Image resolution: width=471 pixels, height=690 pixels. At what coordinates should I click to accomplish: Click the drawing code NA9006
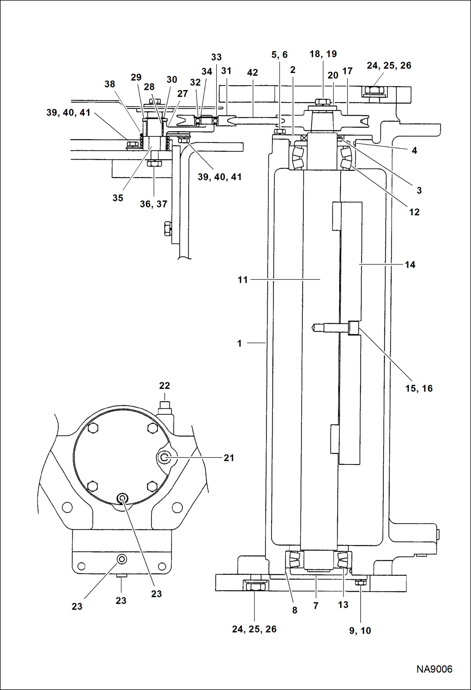click(434, 669)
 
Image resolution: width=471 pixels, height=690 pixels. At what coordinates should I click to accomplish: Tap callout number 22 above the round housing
click(164, 385)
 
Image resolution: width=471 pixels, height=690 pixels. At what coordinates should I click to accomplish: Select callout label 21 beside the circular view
click(229, 458)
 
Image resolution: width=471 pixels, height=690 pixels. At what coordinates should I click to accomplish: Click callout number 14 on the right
click(410, 265)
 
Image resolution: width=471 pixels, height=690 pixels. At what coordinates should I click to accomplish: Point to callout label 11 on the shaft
click(242, 280)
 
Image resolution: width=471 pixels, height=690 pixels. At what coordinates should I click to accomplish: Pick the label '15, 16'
click(419, 388)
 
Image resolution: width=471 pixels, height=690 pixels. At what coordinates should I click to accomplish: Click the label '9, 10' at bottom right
click(360, 631)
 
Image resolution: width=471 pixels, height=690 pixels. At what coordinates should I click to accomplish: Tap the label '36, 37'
click(153, 204)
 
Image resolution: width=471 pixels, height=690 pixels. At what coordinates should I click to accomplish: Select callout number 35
click(118, 198)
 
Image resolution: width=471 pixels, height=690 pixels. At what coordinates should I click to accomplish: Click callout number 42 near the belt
click(252, 72)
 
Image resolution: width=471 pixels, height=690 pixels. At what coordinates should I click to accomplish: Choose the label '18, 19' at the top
click(323, 54)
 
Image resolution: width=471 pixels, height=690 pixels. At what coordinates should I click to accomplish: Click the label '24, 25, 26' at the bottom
click(254, 629)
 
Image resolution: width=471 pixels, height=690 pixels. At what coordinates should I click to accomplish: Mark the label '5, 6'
click(279, 54)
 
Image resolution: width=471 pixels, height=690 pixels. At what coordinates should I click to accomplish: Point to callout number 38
click(110, 84)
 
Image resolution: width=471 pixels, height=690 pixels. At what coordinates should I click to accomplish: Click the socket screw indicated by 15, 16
click(354, 328)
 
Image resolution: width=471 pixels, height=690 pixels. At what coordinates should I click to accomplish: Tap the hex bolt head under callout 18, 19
click(322, 102)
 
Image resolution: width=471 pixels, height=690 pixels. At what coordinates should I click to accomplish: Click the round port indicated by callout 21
click(164, 458)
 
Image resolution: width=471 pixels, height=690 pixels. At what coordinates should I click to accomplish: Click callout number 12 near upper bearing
click(414, 212)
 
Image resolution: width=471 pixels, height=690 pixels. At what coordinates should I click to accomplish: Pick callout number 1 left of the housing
click(239, 343)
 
